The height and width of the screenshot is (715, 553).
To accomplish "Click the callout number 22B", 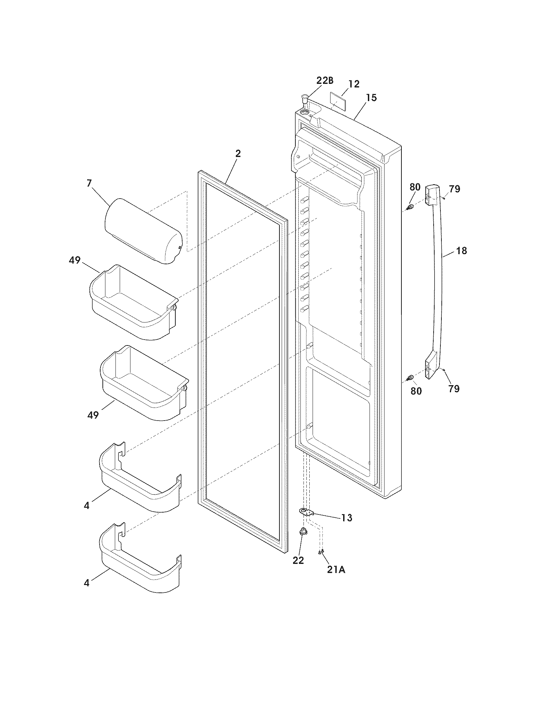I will [x=324, y=81].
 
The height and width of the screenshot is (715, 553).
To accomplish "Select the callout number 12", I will [x=354, y=84].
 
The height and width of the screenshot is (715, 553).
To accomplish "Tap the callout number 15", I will [x=371, y=97].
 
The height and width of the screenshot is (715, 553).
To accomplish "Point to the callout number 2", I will [x=238, y=153].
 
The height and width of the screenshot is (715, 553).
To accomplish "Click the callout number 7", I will [x=89, y=183].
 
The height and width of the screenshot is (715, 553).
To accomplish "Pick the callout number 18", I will [x=461, y=251].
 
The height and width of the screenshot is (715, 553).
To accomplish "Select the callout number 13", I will [x=346, y=518].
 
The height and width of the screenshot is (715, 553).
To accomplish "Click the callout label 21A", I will [x=336, y=570].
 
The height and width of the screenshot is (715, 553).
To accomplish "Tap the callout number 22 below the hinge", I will [x=298, y=560].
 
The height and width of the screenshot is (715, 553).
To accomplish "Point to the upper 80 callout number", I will [x=415, y=187].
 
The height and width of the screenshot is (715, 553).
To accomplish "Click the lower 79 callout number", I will [x=454, y=389].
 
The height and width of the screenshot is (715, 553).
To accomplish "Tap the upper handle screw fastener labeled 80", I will [x=409, y=207].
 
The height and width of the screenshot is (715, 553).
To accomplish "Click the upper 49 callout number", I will [x=75, y=260].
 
